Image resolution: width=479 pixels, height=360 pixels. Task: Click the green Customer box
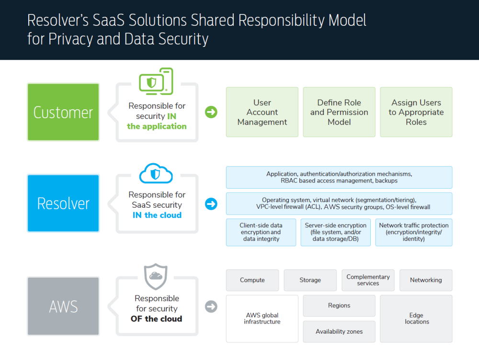click(x=63, y=112)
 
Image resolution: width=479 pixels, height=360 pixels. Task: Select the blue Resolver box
click(x=63, y=203)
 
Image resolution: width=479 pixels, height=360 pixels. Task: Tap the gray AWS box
click(x=63, y=306)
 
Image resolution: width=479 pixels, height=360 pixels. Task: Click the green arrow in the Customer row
click(x=211, y=112)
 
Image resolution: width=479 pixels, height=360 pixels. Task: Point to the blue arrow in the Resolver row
click(x=211, y=204)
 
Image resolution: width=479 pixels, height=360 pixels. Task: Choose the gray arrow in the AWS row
click(x=211, y=306)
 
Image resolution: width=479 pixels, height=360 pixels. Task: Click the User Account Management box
click(x=262, y=112)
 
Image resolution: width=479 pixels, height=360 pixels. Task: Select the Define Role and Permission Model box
click(x=339, y=112)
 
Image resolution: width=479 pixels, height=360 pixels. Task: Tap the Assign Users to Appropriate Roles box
click(x=416, y=112)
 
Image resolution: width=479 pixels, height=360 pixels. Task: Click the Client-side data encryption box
click(x=261, y=232)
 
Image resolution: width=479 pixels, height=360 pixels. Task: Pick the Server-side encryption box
click(x=336, y=232)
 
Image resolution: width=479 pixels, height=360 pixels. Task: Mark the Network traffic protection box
click(x=414, y=232)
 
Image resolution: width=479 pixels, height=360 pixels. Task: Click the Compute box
click(x=252, y=280)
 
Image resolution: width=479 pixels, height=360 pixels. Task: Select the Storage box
click(x=310, y=280)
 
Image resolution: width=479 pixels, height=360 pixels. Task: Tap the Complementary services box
click(x=368, y=280)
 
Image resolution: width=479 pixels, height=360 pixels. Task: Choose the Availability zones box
click(x=339, y=331)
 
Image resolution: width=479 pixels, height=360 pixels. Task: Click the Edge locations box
click(x=416, y=318)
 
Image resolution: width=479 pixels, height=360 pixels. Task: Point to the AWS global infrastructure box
click(x=262, y=318)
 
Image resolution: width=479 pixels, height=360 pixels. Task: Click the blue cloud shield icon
click(x=156, y=174)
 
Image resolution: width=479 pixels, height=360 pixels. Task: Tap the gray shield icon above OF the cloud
click(x=156, y=276)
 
